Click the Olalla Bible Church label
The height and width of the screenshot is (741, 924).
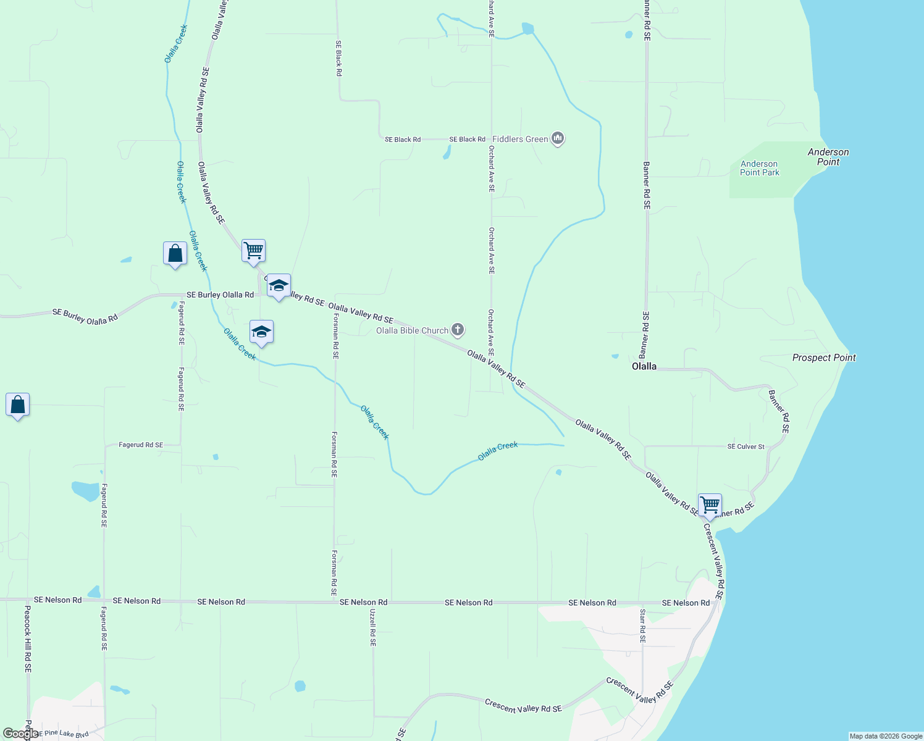pyautogui.click(x=412, y=330)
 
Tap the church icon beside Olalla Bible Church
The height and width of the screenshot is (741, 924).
pyautogui.click(x=458, y=330)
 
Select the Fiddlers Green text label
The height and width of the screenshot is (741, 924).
pyautogui.click(x=520, y=139)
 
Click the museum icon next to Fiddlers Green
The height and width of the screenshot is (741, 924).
pyautogui.click(x=558, y=138)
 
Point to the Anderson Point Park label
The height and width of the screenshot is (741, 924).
pyautogui.click(x=760, y=168)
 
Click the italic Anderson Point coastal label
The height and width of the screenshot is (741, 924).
pyautogui.click(x=828, y=157)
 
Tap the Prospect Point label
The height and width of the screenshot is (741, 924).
pyautogui.click(x=824, y=358)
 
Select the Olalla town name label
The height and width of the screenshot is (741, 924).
pyautogui.click(x=644, y=366)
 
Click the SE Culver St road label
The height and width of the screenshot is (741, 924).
pyautogui.click(x=745, y=446)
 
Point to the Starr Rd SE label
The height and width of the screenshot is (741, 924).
pyautogui.click(x=642, y=626)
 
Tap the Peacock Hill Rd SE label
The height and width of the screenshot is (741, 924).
pyautogui.click(x=28, y=638)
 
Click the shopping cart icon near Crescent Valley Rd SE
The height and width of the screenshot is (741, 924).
pyautogui.click(x=710, y=505)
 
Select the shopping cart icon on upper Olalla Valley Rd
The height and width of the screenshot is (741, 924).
pyautogui.click(x=253, y=251)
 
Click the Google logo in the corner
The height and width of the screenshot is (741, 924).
pyautogui.click(x=20, y=734)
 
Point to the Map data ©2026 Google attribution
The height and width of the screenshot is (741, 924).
pyautogui.click(x=886, y=736)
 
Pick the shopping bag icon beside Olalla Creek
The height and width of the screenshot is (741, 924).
pyautogui.click(x=175, y=253)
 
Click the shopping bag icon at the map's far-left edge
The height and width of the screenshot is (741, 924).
pyautogui.click(x=17, y=405)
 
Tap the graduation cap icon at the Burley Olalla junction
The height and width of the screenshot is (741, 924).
pyautogui.click(x=279, y=285)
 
